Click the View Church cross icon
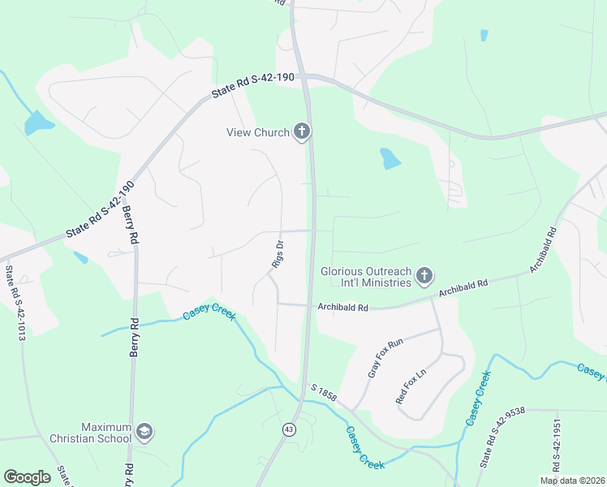pos(302,131)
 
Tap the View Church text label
pos(257,133)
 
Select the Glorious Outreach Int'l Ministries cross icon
pos(424,277)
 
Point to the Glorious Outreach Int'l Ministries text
pos(366,277)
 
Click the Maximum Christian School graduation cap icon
pos(144,431)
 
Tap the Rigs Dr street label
pos(278,253)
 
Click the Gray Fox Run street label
pos(385,359)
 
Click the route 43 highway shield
pos(289,428)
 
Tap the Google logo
pos(26,477)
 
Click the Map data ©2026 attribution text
pos(572,481)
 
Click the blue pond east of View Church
pos(390,158)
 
